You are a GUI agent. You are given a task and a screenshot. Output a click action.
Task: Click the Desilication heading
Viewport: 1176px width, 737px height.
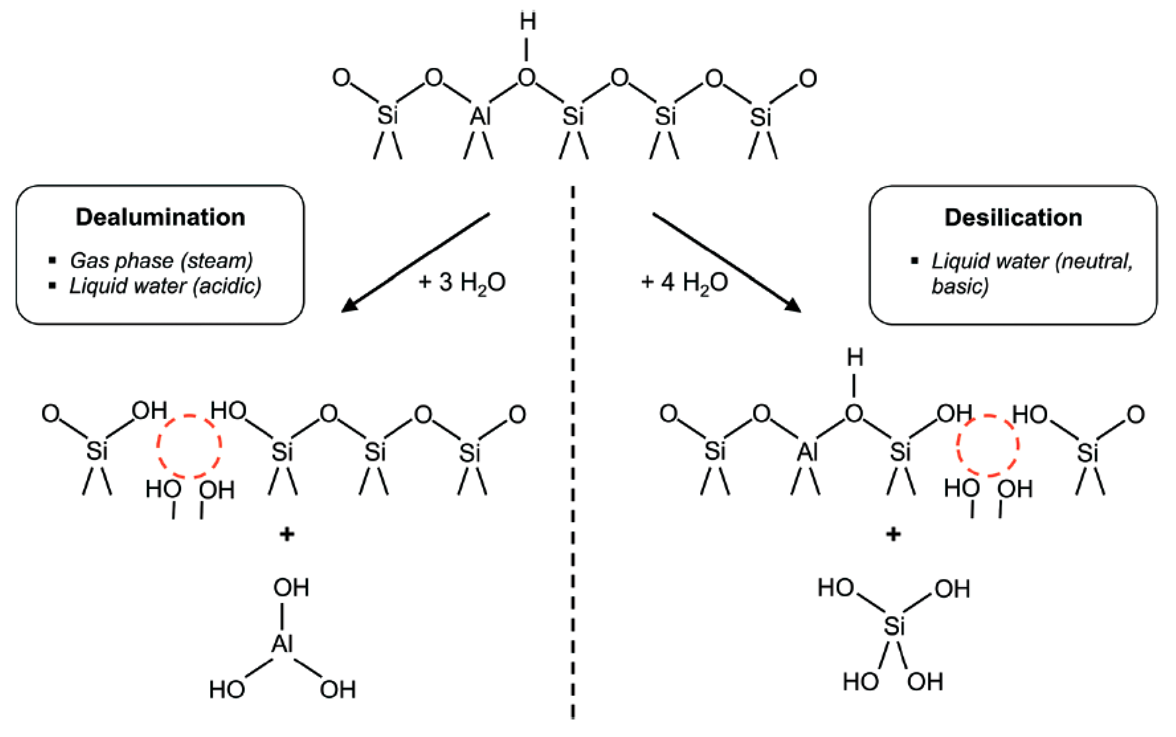point(1013,218)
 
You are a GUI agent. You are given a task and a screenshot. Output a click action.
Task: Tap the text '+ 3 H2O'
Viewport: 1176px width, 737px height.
point(462,283)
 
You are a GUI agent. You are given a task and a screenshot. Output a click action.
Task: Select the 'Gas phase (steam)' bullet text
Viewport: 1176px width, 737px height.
point(161,261)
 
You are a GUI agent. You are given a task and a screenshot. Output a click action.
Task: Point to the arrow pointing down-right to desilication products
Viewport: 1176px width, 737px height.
point(726,262)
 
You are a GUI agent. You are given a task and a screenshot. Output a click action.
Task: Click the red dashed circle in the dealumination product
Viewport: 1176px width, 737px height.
point(189,446)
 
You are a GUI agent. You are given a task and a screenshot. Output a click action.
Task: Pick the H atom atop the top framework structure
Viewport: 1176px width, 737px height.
point(528,22)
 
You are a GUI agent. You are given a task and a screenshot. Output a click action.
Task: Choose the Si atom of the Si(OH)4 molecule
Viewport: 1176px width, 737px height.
point(894,626)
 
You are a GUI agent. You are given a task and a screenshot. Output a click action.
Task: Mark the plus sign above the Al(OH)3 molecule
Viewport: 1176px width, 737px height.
point(287,535)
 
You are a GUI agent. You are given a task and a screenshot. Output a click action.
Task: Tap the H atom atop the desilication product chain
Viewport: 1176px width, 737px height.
point(855,358)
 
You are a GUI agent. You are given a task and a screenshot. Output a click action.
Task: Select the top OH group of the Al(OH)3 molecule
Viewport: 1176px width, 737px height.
point(291,588)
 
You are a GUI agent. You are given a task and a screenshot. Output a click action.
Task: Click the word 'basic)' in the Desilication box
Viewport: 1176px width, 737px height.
point(960,286)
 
